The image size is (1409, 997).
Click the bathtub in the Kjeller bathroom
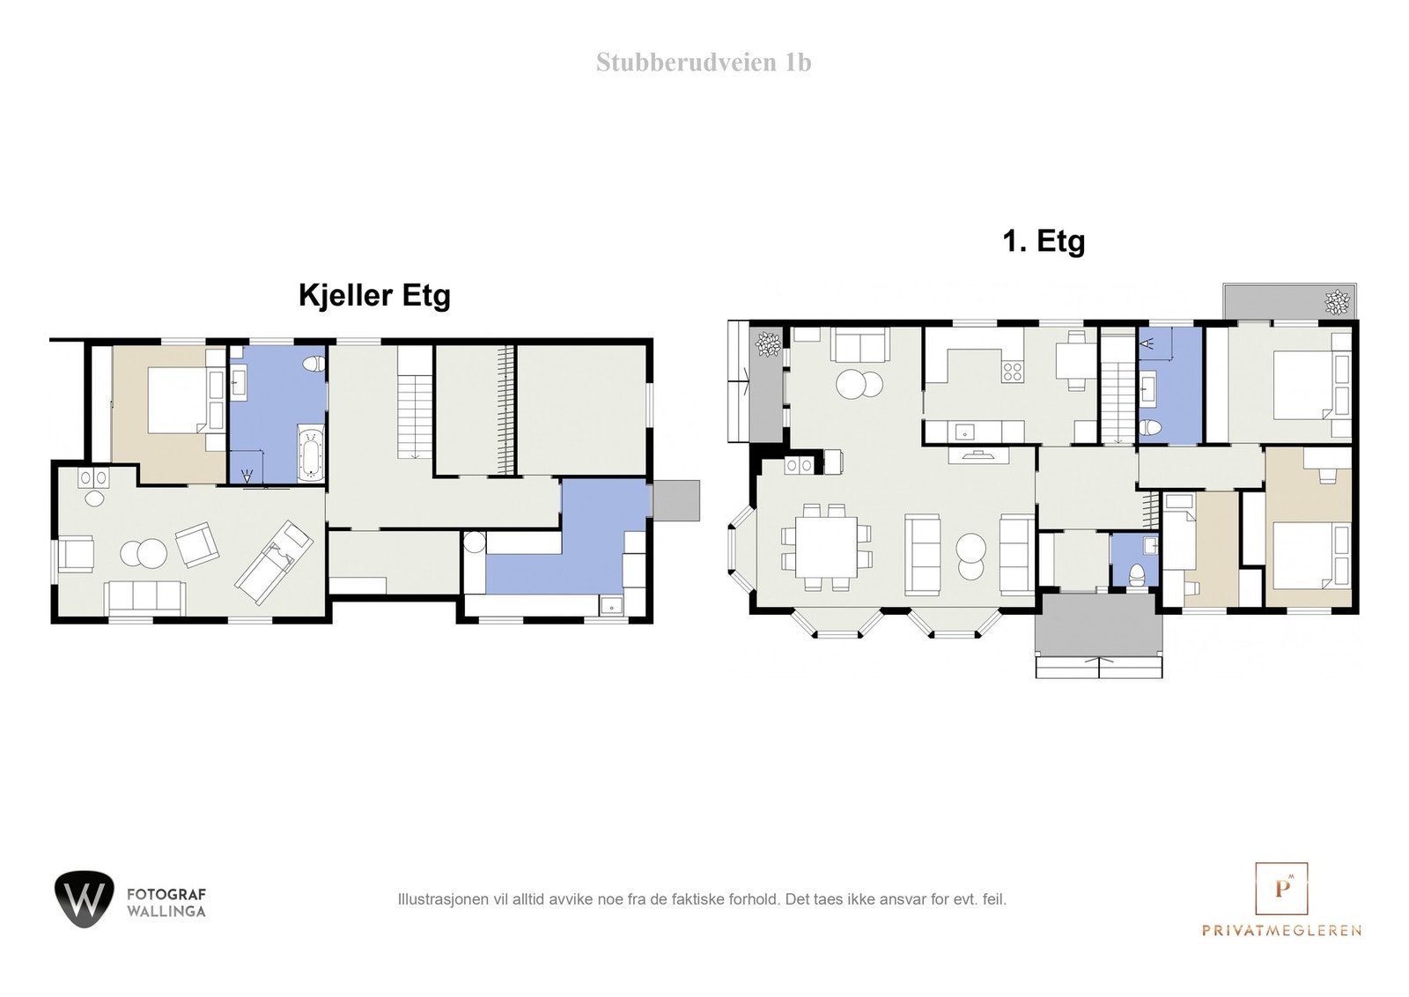311,453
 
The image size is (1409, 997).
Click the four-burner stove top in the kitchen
1012,372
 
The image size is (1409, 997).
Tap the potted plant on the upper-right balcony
1337,301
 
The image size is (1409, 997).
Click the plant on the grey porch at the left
768,343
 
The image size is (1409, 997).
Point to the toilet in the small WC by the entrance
1137,573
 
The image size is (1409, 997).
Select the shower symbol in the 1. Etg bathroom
1147,344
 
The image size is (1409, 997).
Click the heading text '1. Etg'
1044,241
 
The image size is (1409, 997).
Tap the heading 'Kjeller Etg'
374,295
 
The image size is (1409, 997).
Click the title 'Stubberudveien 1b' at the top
703,63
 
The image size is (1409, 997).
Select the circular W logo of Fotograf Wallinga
85,898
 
